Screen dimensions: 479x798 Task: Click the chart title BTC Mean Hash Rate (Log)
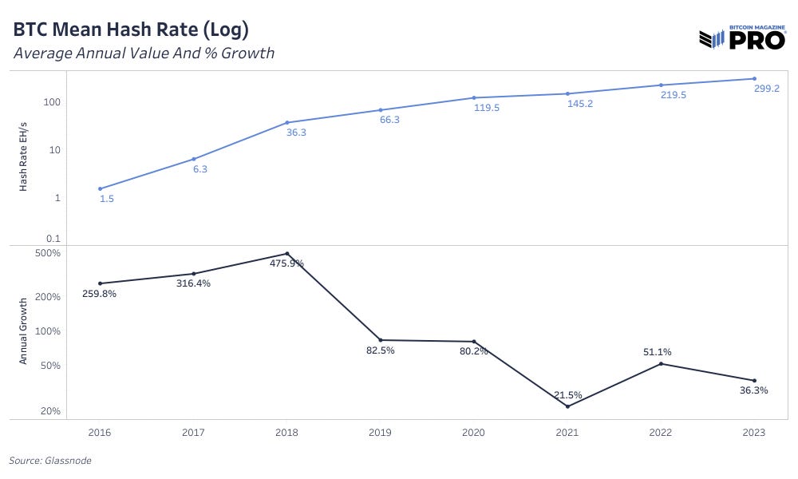(131, 30)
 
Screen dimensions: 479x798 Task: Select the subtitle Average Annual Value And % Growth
(144, 54)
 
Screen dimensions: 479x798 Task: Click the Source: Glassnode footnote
(49, 461)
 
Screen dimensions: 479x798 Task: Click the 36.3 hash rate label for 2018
(297, 133)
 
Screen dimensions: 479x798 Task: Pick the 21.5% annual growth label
(567, 394)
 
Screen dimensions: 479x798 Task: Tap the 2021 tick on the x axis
(567, 432)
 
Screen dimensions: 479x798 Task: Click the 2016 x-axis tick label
(100, 432)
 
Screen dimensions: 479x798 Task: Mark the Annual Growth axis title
(24, 331)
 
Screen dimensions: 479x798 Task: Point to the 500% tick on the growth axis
(49, 253)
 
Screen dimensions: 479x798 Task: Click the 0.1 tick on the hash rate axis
(54, 239)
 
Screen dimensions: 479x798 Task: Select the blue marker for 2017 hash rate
(193, 159)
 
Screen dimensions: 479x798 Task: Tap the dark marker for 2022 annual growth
(661, 364)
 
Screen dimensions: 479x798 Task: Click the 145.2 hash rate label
(579, 104)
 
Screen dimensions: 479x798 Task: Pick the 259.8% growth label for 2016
(99, 294)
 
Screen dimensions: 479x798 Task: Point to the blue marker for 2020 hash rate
(474, 97)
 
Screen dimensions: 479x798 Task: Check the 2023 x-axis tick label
(754, 432)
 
